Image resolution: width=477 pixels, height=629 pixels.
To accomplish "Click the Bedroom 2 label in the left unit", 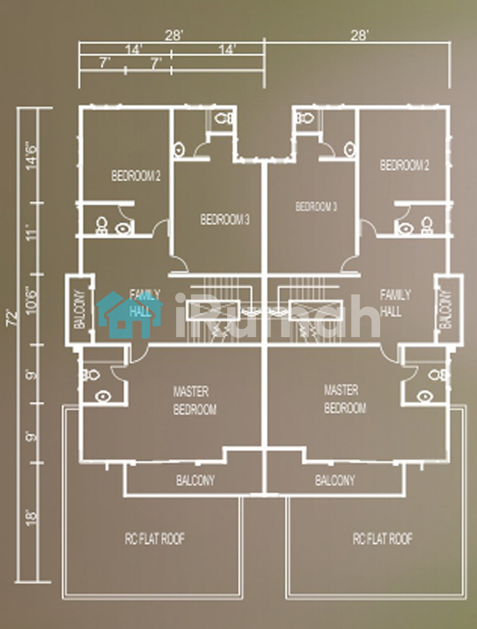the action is coord(136,175).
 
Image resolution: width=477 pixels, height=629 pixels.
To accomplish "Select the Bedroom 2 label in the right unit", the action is coord(405,165).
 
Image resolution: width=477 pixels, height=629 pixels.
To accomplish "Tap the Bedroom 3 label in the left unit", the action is coord(225,220).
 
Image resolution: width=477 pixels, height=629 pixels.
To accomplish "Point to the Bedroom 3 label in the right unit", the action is coord(316,206).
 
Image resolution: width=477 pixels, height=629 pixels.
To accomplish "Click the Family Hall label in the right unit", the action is coord(395,303).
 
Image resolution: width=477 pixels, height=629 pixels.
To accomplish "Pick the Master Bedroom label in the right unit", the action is coord(345,399).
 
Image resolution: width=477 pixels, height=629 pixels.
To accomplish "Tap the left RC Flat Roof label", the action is coord(155,539).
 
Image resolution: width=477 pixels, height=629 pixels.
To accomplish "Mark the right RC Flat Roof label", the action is coord(383,538).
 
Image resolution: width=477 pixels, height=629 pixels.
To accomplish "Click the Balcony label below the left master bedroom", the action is coord(195,480).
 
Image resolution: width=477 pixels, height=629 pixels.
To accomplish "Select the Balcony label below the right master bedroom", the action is coord(335,480).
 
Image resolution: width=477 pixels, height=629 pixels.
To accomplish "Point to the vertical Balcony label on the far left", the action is coord(79,309).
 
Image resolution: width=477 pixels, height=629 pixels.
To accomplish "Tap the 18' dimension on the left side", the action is coord(32,517).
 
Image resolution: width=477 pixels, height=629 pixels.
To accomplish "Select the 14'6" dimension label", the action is coord(32,156).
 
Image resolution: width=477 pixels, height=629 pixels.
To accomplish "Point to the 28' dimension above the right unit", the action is coord(359,35).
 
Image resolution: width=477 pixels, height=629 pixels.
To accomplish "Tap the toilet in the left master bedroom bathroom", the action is coord(91,376).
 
